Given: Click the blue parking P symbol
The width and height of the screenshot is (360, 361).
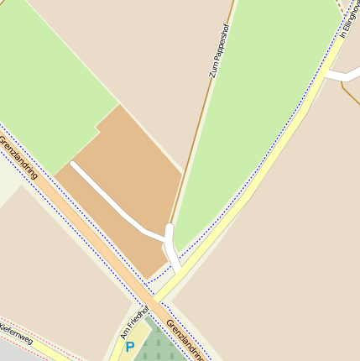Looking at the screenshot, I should coord(130,346).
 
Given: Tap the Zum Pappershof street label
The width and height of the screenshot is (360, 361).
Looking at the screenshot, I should coord(219,50).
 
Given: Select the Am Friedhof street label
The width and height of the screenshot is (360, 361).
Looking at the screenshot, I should coord(131,322).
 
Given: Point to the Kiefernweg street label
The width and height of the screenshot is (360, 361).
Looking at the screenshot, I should coord(15,332).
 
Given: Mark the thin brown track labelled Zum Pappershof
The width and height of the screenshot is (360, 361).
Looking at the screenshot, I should coord(198,126).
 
